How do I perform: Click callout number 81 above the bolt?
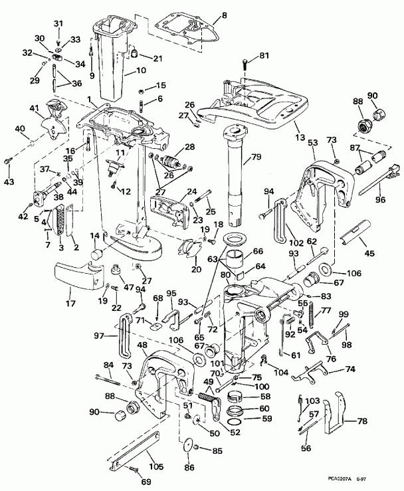(264, 55)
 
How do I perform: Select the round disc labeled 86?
(189, 447)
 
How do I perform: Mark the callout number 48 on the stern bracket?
(142, 345)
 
